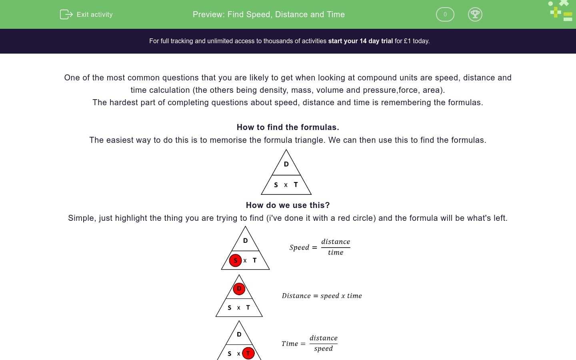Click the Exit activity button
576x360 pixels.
pos(86,14)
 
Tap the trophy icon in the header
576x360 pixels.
pos(475,14)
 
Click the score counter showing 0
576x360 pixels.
pos(445,14)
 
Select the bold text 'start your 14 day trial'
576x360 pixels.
pos(360,41)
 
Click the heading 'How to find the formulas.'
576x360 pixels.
pos(288,127)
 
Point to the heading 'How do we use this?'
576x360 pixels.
pos(288,205)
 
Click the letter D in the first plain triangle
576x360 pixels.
pos(286,164)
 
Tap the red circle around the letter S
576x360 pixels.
pos(236,260)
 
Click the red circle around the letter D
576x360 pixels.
pos(239,288)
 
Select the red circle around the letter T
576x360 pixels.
pos(248,353)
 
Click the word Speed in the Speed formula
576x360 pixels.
pos(299,248)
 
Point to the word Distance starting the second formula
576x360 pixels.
pos(296,296)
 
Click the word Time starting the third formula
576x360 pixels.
pos(290,344)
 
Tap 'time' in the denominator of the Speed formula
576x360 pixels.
pos(335,252)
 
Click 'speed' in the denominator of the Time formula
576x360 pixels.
pos(323,348)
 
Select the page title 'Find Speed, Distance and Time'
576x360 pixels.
pos(286,14)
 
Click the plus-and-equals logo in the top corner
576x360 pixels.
pos(561,11)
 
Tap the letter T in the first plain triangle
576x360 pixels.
pos(296,184)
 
